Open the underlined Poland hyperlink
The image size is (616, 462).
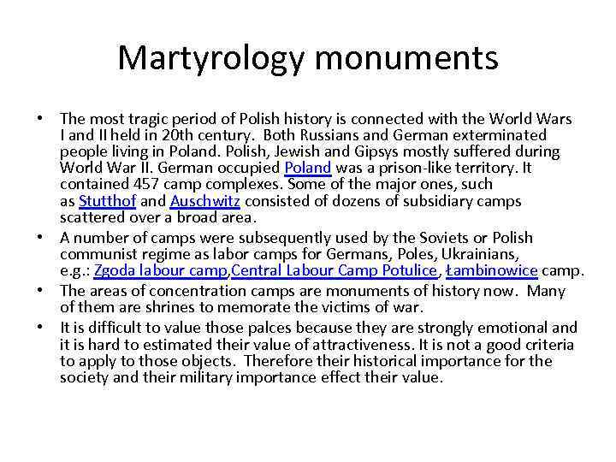[x=307, y=168]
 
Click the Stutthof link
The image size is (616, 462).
[x=107, y=201]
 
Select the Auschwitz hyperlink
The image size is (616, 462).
[x=205, y=201]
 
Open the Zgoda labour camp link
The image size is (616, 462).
[x=161, y=271]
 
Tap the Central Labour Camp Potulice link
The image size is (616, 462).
[x=335, y=271]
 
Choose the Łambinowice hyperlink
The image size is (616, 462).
[x=493, y=271]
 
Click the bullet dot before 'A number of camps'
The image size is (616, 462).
[x=46, y=238]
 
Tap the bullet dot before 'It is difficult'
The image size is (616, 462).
[x=46, y=328]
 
